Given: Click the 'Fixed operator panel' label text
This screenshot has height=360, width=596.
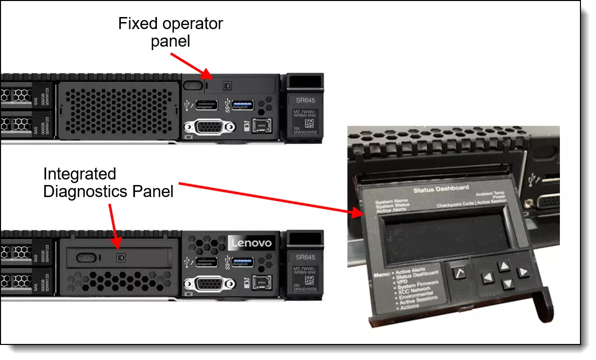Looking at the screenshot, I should [170, 32].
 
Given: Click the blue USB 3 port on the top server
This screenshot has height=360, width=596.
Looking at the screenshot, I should [243, 105].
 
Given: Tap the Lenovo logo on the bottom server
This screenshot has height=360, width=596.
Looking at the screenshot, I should [251, 243].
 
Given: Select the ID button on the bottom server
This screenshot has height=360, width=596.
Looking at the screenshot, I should [120, 257].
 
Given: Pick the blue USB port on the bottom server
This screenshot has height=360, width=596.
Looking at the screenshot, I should [243, 262].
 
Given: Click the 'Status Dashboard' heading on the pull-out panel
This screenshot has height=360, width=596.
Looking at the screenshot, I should [441, 189].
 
